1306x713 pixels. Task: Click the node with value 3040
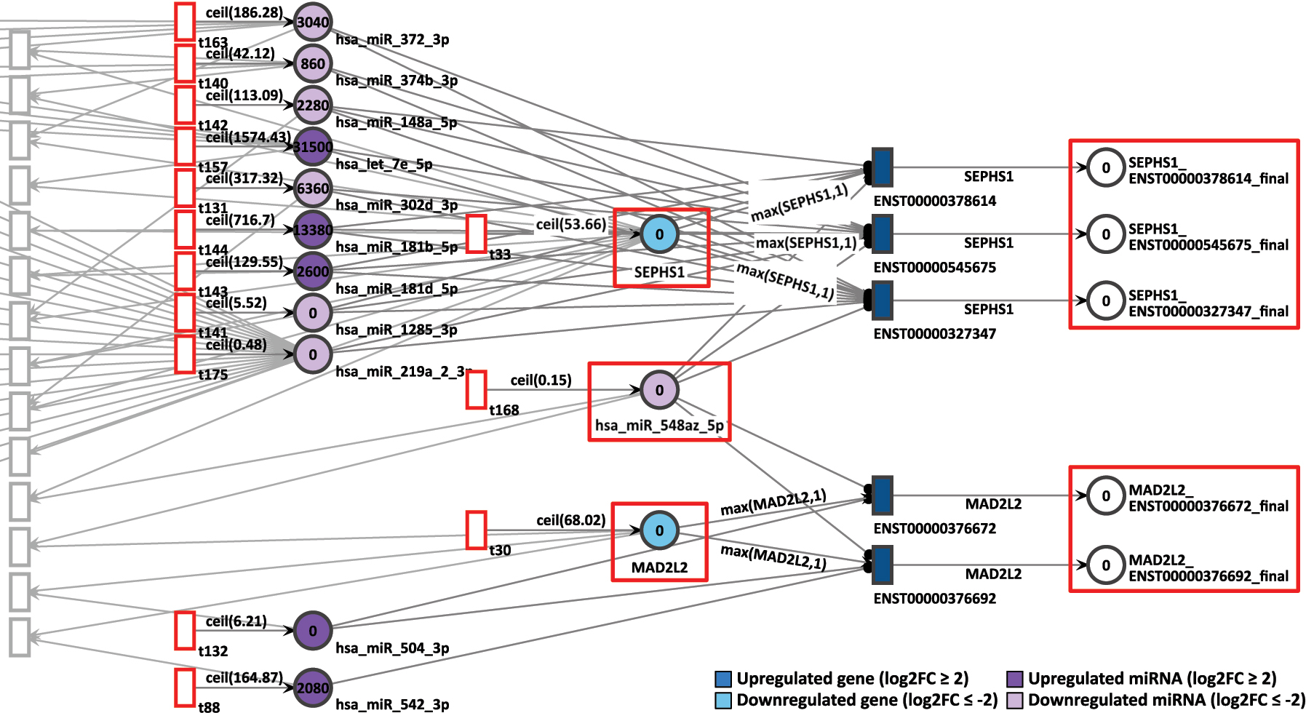[313, 22]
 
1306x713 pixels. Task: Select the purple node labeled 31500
[313, 147]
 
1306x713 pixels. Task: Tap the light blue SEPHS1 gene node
[659, 234]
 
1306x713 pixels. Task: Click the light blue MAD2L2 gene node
[659, 530]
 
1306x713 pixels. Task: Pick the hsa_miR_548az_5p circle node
[659, 390]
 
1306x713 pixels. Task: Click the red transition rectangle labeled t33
[476, 234]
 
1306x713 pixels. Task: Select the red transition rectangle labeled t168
[476, 390]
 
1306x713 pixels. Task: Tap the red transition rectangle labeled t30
[476, 530]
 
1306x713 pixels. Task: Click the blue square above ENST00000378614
[882, 167]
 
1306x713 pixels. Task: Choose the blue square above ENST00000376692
[882, 565]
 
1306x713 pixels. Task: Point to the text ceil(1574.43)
[248, 137]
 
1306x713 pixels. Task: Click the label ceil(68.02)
[570, 520]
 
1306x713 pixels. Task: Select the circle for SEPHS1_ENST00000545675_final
[1106, 234]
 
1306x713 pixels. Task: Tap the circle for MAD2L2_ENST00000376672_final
[1106, 495]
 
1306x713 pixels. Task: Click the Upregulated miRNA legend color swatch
[1015, 679]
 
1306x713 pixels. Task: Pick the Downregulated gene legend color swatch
[723, 700]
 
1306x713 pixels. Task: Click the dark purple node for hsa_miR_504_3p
[313, 631]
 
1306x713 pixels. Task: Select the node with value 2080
[313, 688]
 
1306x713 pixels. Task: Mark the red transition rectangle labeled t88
[185, 688]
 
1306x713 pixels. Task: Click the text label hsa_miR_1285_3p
[397, 330]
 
